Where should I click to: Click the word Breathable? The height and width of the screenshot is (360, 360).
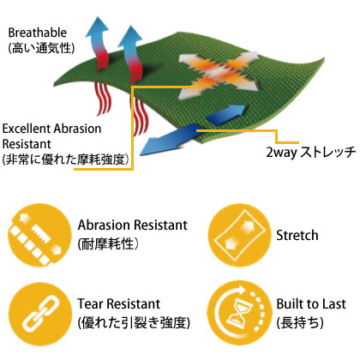click(37, 33)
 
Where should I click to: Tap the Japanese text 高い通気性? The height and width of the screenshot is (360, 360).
click(41, 47)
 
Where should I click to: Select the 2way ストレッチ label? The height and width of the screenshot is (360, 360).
click(311, 153)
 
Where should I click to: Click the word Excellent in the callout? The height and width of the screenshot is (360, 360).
click(27, 129)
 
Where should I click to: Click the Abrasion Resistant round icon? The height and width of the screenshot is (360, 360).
click(39, 236)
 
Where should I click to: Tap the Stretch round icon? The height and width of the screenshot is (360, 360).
click(239, 236)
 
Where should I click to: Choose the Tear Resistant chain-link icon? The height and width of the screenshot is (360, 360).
click(39, 314)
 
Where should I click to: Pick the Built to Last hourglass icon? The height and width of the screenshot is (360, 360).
click(239, 313)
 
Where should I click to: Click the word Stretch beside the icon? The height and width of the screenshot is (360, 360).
click(297, 235)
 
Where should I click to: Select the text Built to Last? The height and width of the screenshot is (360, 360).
click(311, 303)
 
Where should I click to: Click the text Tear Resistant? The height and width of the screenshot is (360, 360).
click(118, 303)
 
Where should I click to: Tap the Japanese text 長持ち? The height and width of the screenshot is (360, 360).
click(300, 322)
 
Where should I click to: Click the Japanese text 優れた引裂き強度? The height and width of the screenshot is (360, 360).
click(134, 322)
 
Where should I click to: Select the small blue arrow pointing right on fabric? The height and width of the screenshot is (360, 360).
click(226, 114)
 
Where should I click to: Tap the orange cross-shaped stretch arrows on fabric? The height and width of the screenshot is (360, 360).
click(219, 75)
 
